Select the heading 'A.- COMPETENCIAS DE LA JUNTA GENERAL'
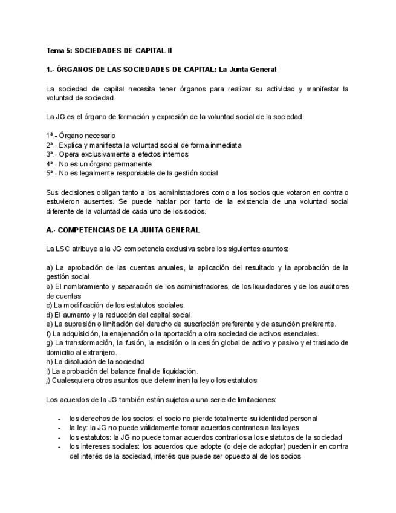pos(123,230)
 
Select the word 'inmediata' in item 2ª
pos(226,145)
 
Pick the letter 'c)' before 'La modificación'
pos(49,306)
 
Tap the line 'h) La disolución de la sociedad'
pos(95,362)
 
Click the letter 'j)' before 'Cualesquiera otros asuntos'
pos(48,381)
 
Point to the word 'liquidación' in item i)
pos(180,371)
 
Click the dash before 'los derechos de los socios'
pos(59,419)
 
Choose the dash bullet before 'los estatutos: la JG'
pos(59,437)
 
